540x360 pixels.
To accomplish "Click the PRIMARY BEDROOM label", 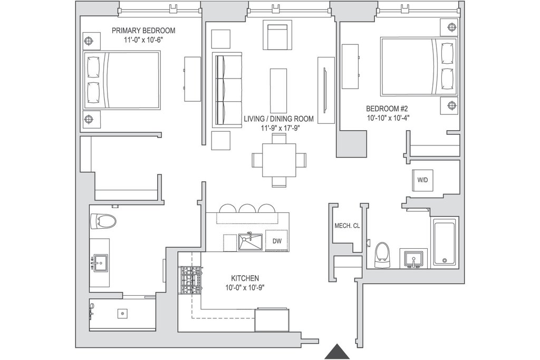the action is [143, 31].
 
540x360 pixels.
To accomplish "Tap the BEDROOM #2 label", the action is [387, 109].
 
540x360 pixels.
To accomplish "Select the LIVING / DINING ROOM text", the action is [278, 119].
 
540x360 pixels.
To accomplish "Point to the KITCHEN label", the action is [245, 278].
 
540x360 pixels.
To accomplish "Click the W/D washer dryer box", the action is [422, 180].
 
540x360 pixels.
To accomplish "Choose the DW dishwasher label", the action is [277, 241].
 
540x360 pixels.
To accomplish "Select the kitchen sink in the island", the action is [250, 242].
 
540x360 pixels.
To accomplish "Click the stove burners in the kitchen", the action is [189, 280].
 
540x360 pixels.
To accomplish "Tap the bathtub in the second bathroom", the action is [445, 242].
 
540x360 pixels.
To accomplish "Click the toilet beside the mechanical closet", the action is [382, 255].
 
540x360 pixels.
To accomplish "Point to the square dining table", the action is [279, 160].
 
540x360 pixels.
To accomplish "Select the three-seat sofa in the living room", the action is [227, 90].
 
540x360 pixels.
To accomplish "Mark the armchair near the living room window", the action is [277, 36].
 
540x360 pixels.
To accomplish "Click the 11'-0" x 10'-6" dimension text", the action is [143, 40].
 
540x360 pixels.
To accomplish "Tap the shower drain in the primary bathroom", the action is [122, 314].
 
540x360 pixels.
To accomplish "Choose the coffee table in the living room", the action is [278, 90].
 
